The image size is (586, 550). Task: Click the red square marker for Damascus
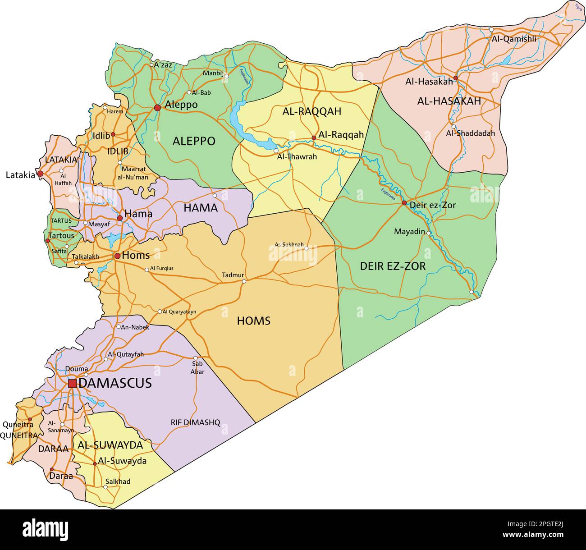[72, 384]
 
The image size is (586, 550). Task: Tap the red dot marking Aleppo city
[157, 108]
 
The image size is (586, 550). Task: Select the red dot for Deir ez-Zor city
[404, 203]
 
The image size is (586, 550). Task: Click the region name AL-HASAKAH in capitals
[449, 101]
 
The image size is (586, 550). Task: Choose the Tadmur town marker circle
[244, 281]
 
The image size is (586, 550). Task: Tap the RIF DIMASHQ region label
[195, 422]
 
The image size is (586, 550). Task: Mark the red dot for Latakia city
[40, 174]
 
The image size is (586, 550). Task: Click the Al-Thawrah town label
[297, 157]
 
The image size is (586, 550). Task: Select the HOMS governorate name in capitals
[253, 321]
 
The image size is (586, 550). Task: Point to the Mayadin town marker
[429, 233]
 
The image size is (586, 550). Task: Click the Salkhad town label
[118, 481]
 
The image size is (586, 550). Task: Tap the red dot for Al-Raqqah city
[314, 137]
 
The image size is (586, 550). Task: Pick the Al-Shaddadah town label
[470, 133]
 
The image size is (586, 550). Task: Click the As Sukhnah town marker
[307, 248]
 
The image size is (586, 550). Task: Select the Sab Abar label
[197, 367]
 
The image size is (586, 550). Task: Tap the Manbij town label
[213, 73]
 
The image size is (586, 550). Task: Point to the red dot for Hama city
[120, 218]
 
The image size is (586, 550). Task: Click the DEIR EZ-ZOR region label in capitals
[393, 266]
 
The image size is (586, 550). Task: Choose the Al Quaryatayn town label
[179, 312]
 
